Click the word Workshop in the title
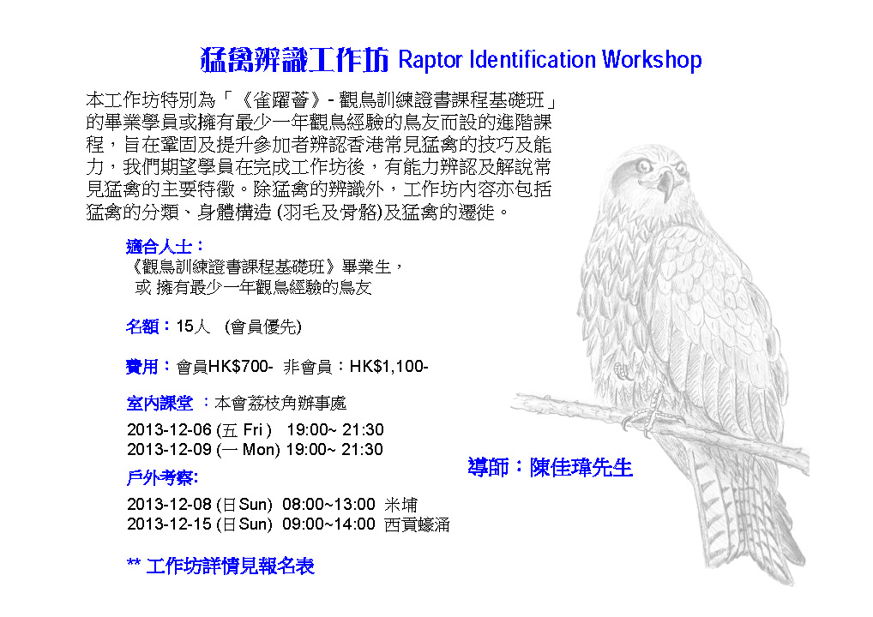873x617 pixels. [x=652, y=60]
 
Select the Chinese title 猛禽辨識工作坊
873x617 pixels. [x=294, y=59]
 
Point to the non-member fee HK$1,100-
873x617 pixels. [x=388, y=367]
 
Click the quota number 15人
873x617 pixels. [x=193, y=326]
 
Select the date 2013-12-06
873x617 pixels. [x=169, y=429]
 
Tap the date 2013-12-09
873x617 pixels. [x=169, y=449]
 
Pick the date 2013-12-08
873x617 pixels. [x=169, y=504]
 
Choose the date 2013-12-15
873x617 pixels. [x=169, y=524]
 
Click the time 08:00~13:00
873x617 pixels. [x=328, y=504]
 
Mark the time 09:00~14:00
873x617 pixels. [x=328, y=524]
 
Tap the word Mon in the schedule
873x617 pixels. [x=260, y=449]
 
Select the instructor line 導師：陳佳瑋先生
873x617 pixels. [x=550, y=467]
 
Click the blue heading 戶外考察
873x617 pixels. [x=162, y=477]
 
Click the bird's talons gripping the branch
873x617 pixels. [x=649, y=416]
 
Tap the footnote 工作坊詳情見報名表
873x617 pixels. [x=230, y=566]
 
